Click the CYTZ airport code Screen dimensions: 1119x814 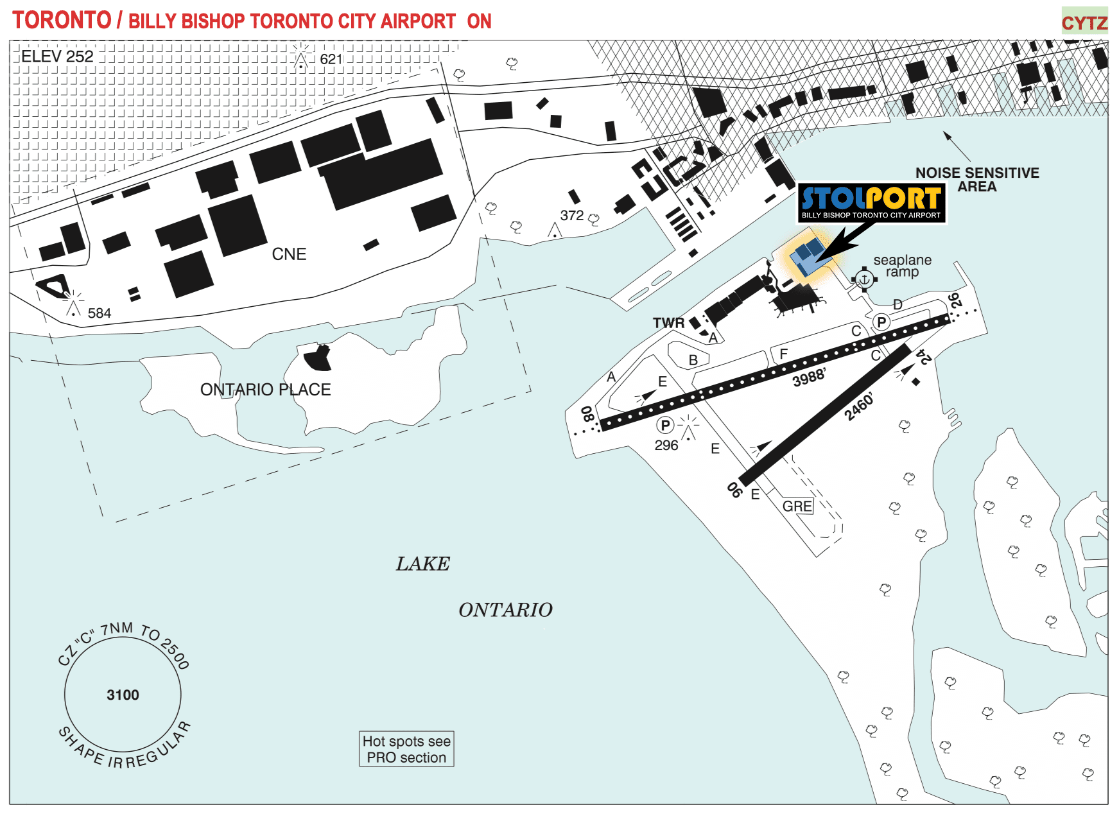1084,23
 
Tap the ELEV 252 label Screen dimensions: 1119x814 57,56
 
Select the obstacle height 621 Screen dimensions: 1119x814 331,59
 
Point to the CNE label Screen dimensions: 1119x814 289,254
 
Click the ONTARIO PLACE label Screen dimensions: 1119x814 265,390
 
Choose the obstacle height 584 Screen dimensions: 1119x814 100,313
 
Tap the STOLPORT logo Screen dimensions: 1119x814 871,203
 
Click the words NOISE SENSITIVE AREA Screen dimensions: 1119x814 977,180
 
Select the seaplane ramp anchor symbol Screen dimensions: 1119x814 864,279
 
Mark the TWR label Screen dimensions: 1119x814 668,323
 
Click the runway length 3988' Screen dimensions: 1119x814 809,377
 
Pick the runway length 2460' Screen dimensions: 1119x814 859,407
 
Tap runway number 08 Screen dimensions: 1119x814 587,413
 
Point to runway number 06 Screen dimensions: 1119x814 734,490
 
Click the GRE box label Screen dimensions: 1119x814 797,507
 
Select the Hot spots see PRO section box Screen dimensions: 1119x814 406,749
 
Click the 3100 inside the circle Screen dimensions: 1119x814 123,695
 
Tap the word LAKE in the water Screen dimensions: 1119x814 422,564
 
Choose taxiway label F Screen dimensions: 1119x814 783,354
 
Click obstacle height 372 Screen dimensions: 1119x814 571,216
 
